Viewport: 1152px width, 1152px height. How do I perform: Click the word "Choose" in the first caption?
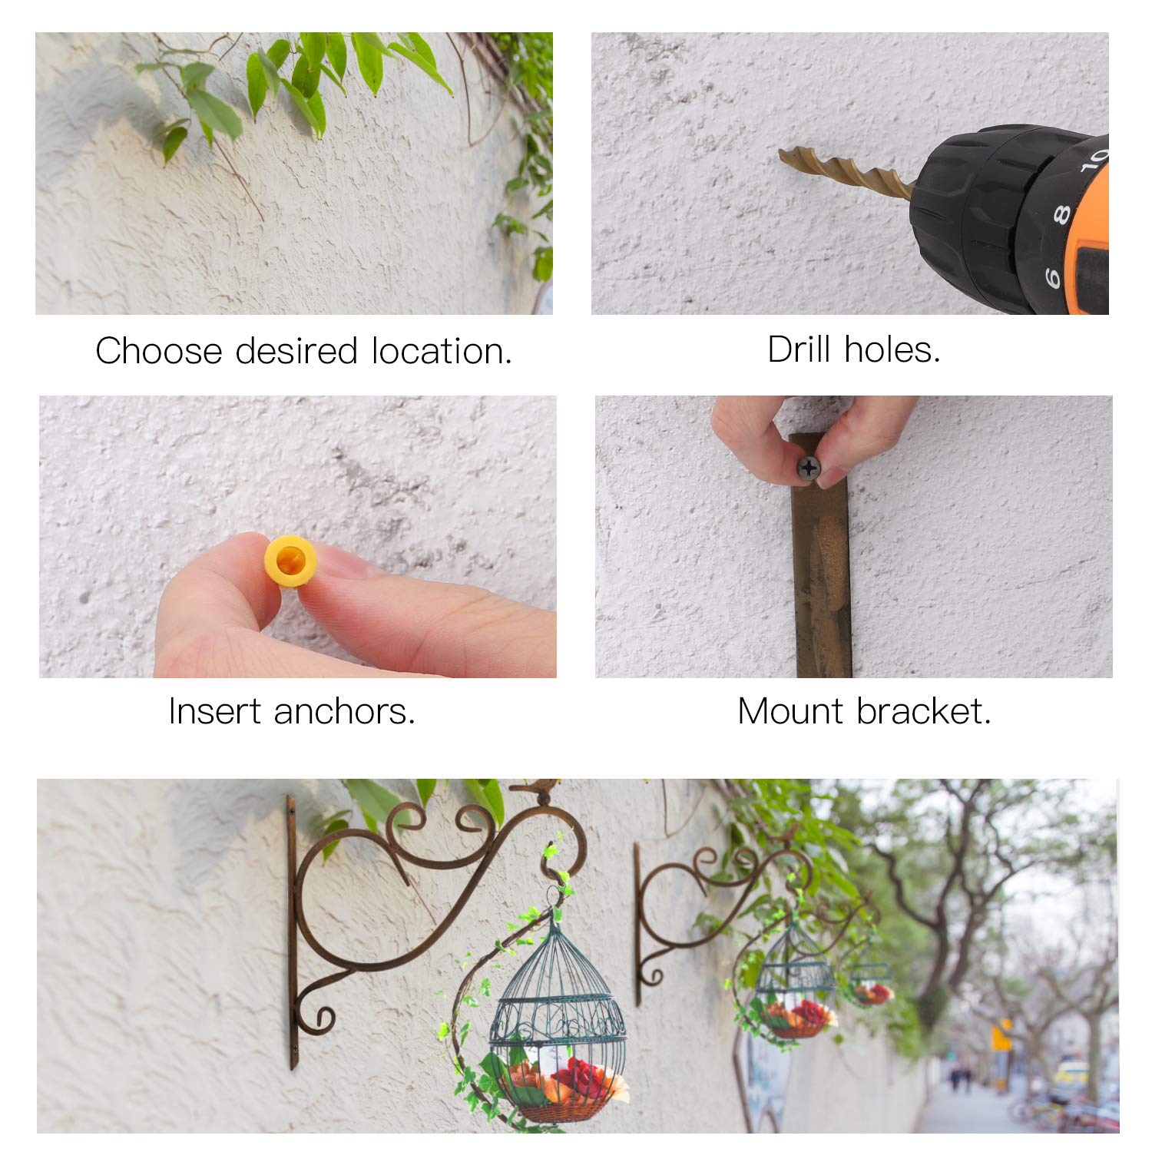pos(159,351)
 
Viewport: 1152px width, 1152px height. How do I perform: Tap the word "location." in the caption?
pos(442,351)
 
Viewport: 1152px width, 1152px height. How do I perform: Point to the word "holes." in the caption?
pos(892,349)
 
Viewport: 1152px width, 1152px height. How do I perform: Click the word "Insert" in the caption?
pos(216,711)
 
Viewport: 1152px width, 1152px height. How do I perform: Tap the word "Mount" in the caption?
pos(792,711)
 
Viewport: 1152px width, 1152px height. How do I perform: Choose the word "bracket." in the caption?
pos(924,711)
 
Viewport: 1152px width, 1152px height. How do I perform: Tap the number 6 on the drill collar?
pos(1052,277)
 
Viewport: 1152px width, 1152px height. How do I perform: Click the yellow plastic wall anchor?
pos(290,561)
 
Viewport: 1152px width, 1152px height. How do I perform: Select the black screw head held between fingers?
pos(808,466)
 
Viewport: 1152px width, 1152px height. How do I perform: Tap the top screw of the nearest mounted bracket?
pos(292,809)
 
